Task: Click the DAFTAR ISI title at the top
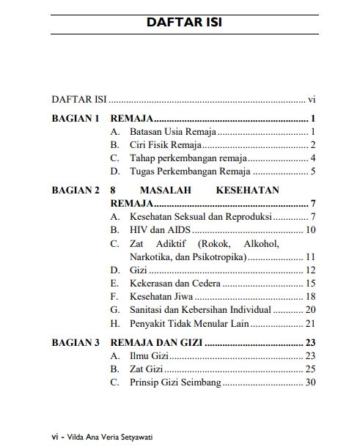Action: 184,22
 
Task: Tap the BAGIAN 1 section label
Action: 76,118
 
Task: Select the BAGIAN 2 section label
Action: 76,190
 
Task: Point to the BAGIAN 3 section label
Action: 76,342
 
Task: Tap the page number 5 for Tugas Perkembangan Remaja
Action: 312,171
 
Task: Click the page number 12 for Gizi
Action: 309,270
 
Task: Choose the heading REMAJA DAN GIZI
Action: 156,342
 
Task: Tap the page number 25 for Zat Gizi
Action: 309,369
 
